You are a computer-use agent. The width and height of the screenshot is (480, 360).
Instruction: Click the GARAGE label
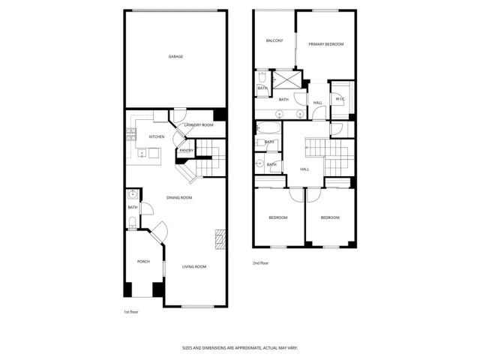click(175, 57)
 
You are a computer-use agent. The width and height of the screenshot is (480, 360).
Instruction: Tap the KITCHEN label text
click(157, 136)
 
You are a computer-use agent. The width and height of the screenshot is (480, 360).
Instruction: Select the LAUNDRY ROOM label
click(199, 124)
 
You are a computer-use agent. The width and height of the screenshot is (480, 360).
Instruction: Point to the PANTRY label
click(186, 151)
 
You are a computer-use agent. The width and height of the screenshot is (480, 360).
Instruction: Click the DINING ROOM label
click(180, 197)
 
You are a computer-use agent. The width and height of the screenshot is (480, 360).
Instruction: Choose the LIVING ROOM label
click(194, 266)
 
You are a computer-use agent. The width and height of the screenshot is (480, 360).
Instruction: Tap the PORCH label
click(143, 261)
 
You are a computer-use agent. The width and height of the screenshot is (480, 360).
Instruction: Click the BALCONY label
click(274, 40)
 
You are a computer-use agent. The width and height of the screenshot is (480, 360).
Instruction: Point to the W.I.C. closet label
click(340, 98)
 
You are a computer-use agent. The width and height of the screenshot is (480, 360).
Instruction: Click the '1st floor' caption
click(131, 311)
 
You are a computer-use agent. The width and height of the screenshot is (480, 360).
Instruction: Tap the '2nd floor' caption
click(260, 263)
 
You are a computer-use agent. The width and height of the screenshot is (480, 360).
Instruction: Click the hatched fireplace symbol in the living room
click(220, 239)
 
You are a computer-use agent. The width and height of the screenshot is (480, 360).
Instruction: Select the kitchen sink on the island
click(142, 153)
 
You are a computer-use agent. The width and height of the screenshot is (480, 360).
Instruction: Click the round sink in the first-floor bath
click(132, 195)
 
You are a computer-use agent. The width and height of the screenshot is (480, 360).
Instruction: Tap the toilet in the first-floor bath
click(132, 221)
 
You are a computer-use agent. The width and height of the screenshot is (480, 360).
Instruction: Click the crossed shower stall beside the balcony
click(285, 79)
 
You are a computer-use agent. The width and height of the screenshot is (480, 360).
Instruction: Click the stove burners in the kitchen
click(131, 135)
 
